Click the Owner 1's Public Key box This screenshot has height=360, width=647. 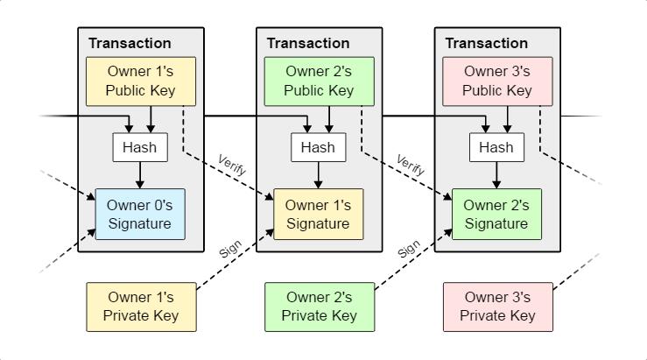(x=140, y=81)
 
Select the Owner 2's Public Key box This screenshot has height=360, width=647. (x=319, y=81)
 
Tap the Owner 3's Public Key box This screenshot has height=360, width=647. (x=497, y=81)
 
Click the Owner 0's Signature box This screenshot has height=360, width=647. (x=140, y=215)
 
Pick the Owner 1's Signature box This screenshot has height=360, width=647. (x=319, y=215)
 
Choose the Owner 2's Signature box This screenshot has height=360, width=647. (x=497, y=215)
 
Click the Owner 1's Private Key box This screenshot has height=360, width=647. (x=140, y=307)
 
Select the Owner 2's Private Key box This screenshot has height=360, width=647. (x=319, y=307)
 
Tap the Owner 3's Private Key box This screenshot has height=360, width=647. (x=497, y=307)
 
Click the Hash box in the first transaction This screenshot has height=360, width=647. (x=140, y=147)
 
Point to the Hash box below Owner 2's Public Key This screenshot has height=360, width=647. (x=318, y=147)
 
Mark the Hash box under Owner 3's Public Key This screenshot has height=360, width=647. (x=496, y=147)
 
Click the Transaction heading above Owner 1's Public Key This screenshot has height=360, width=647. (x=130, y=43)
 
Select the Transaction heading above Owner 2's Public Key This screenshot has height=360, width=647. (x=308, y=43)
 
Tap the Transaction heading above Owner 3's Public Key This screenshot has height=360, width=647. (x=487, y=43)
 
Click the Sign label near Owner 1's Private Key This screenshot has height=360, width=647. (x=230, y=249)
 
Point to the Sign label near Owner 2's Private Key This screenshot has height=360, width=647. (x=409, y=249)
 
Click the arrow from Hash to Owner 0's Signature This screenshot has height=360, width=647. (x=140, y=175)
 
